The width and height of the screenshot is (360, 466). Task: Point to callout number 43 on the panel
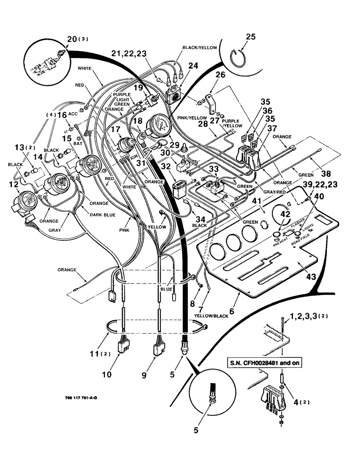coord(311,276)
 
